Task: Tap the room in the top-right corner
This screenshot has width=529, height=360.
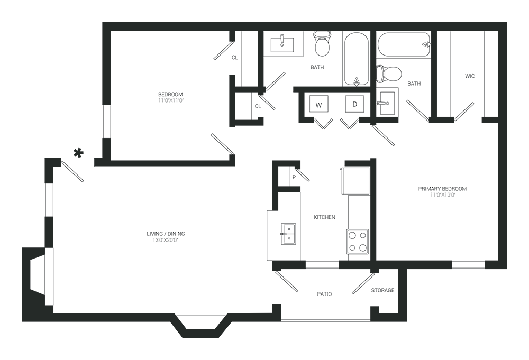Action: coord(471,69)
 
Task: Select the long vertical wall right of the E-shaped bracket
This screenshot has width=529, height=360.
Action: coord(370,211)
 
